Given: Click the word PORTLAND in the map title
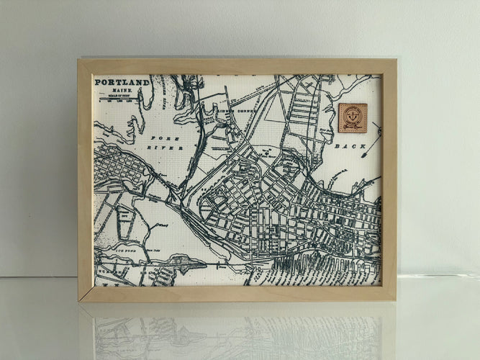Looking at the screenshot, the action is tap(122, 82).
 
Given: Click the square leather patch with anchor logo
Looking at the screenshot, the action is tap(353, 117).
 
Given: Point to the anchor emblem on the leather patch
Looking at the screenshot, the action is tap(353, 115).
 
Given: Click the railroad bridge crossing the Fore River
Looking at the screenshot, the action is tap(173, 194).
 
